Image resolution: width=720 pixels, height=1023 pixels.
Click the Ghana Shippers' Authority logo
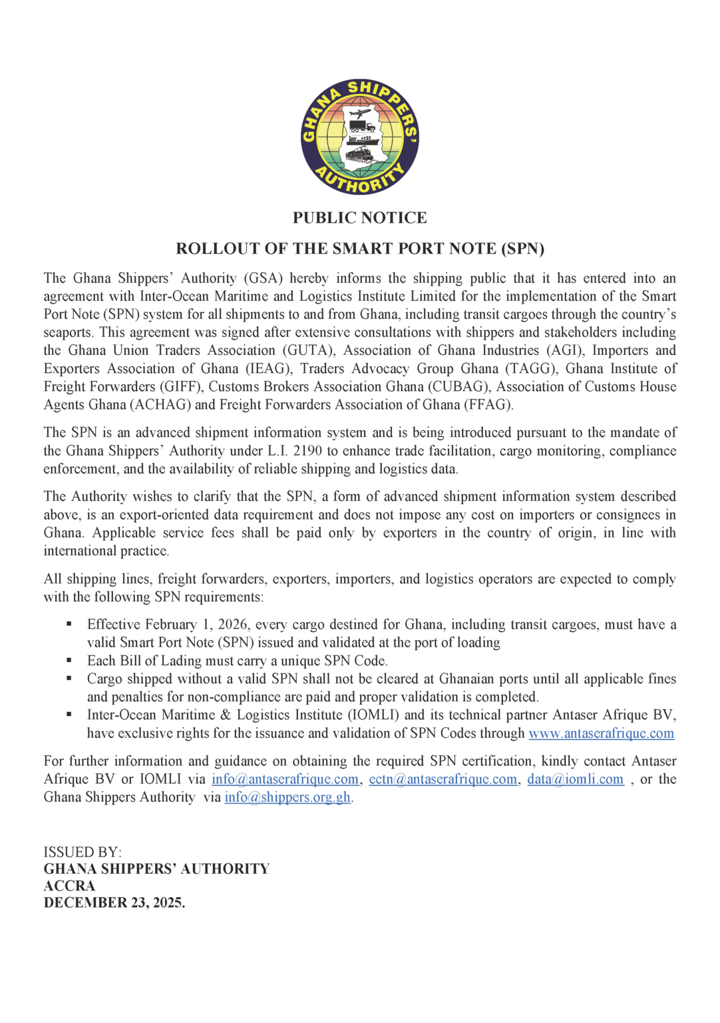360,137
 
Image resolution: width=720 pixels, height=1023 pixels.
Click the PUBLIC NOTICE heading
360,218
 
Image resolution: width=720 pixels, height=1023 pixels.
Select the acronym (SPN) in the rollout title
522,248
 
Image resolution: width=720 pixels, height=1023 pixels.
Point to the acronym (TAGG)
531,368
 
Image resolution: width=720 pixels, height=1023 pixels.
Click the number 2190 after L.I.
307,451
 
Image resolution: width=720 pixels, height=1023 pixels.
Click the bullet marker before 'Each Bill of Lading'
69,661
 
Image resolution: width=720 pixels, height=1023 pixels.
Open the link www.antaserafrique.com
601,733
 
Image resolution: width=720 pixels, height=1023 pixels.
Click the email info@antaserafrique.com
285,779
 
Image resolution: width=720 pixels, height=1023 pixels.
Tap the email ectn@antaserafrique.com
443,779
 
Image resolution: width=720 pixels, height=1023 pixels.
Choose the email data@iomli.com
575,779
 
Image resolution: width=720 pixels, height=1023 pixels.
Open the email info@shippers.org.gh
287,797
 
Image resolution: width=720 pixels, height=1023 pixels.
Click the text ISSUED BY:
83,852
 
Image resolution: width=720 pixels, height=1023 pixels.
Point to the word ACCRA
69,886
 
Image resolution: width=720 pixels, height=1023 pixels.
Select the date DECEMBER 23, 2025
114,903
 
